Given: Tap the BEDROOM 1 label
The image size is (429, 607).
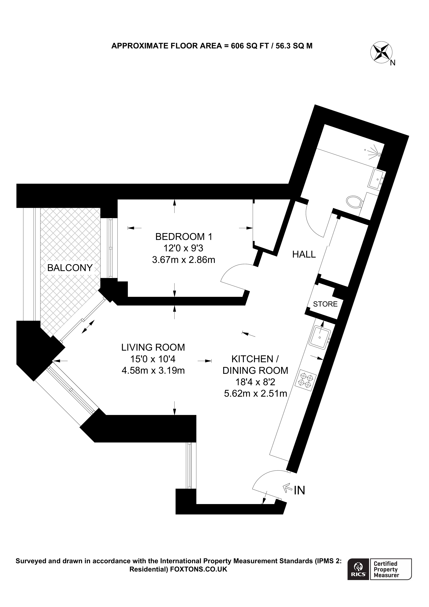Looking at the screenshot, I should click(x=184, y=236).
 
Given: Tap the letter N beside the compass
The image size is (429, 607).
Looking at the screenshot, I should click(x=393, y=63).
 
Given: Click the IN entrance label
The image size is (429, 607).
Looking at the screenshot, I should click(x=300, y=490).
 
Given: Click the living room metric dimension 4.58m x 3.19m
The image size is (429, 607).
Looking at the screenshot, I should click(x=153, y=370).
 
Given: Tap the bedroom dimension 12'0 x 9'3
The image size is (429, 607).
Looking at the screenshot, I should click(x=184, y=248).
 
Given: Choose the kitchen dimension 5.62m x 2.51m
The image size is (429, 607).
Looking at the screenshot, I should click(x=255, y=394).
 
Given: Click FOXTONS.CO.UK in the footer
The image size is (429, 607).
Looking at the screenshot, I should click(x=199, y=569).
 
